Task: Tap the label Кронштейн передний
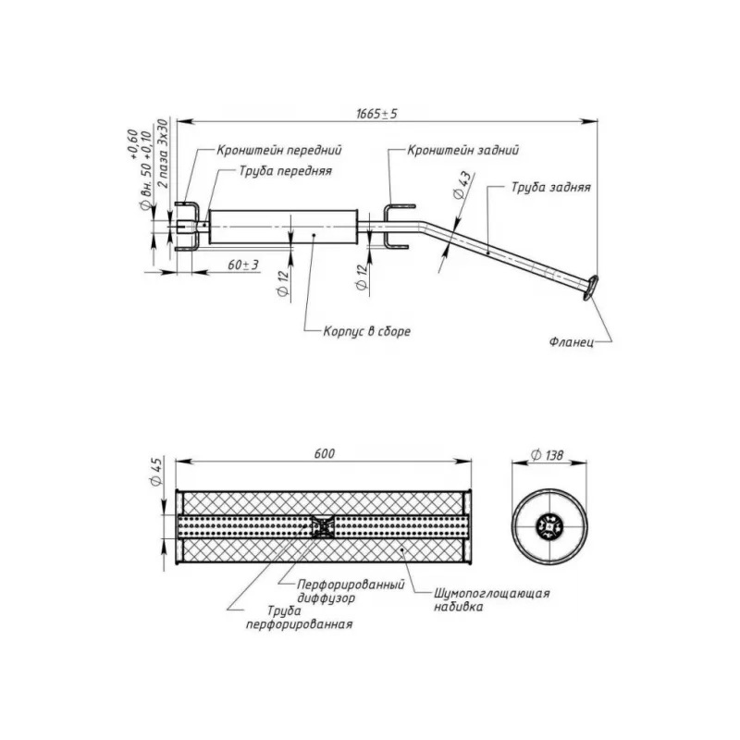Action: (280, 149)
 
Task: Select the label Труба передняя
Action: (285, 171)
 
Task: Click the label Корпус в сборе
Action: (367, 330)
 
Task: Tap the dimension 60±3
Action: (243, 265)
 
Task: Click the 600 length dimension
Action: (324, 453)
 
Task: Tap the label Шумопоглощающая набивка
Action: (491, 599)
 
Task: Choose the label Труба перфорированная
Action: (297, 618)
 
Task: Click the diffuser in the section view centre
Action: (322, 527)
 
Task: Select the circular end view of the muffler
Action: (549, 527)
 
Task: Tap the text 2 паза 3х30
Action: (163, 153)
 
